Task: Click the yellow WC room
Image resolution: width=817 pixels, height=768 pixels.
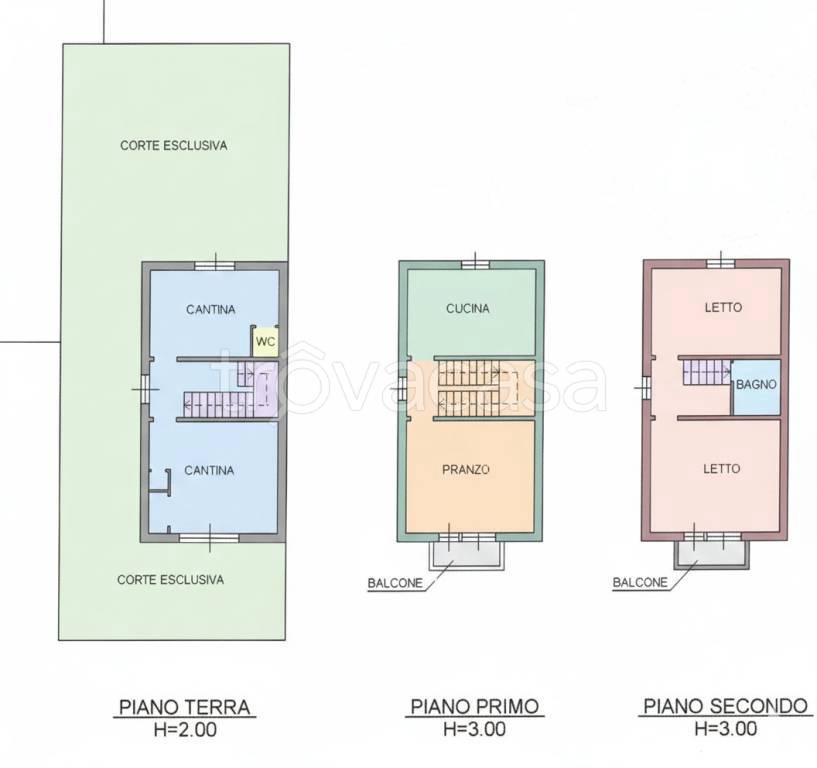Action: click(x=265, y=341)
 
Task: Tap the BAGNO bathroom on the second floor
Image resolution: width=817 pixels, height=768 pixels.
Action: click(x=756, y=387)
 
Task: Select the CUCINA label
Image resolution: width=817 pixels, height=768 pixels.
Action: click(x=468, y=309)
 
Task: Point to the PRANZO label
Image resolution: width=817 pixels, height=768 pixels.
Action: click(x=466, y=470)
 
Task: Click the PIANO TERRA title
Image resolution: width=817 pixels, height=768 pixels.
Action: click(x=185, y=707)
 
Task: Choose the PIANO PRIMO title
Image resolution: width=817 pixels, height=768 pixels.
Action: click(x=475, y=707)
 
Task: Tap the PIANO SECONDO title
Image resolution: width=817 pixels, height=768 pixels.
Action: click(x=725, y=706)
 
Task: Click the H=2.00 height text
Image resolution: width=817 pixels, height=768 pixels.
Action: click(x=185, y=729)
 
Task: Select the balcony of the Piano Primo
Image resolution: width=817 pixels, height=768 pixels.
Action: click(x=467, y=555)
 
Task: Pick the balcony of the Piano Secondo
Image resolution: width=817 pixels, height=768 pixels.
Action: click(x=712, y=554)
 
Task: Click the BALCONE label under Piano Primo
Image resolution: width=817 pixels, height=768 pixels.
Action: click(x=395, y=583)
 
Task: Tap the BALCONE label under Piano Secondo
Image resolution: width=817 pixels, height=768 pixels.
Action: click(x=640, y=582)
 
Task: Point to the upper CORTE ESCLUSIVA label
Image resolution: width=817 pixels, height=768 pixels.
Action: click(x=174, y=145)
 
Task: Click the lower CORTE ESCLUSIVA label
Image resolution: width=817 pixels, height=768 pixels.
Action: click(x=170, y=579)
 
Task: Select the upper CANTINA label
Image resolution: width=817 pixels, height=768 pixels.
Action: click(x=211, y=309)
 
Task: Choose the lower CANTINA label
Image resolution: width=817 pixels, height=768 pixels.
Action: click(x=209, y=470)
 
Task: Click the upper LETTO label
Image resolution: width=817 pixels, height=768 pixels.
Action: click(x=723, y=307)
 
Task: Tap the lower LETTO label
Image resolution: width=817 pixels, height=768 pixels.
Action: click(x=722, y=469)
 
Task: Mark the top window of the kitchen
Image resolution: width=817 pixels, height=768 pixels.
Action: click(x=475, y=265)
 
